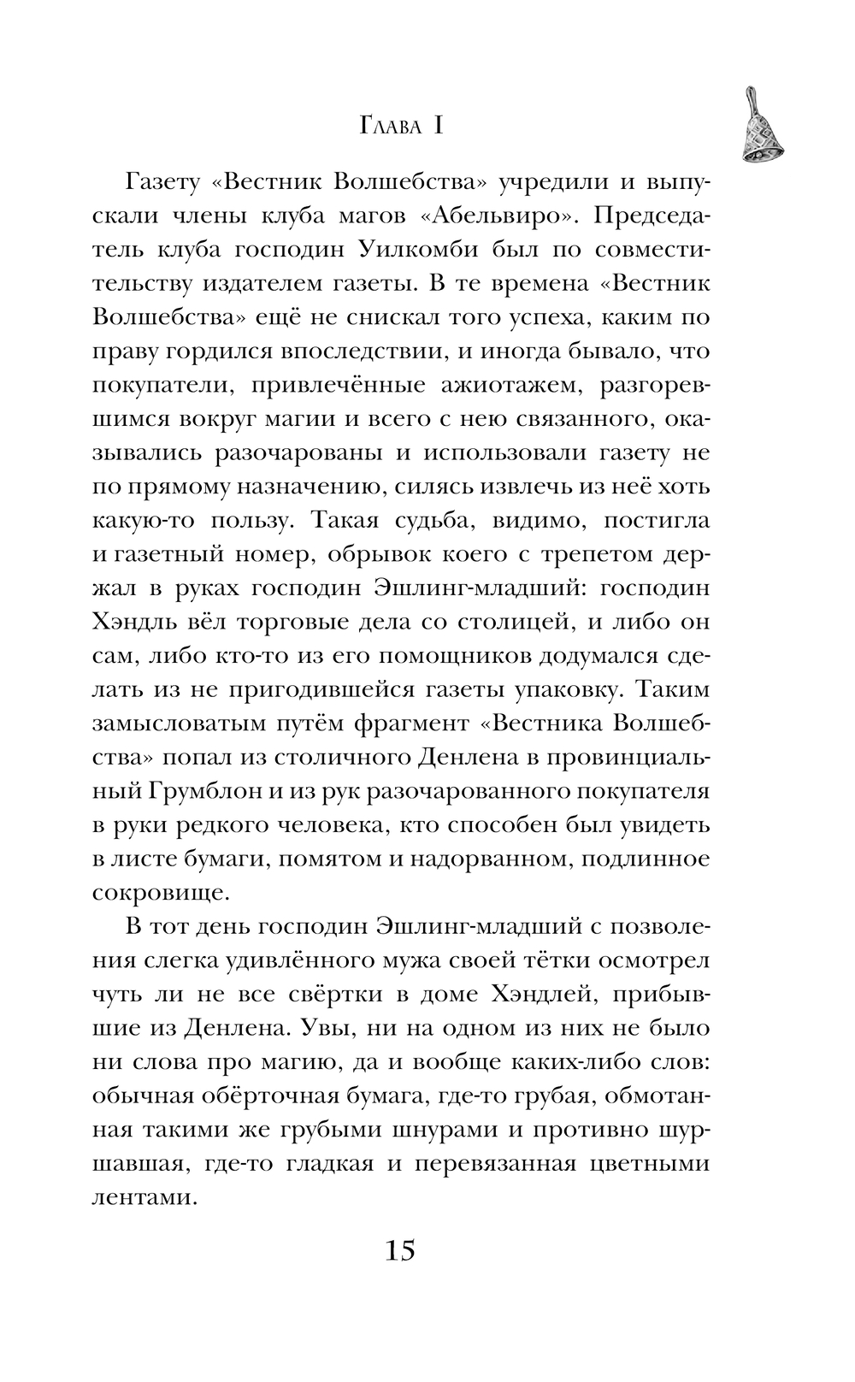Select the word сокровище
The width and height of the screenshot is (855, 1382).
pyautogui.click(x=160, y=895)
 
